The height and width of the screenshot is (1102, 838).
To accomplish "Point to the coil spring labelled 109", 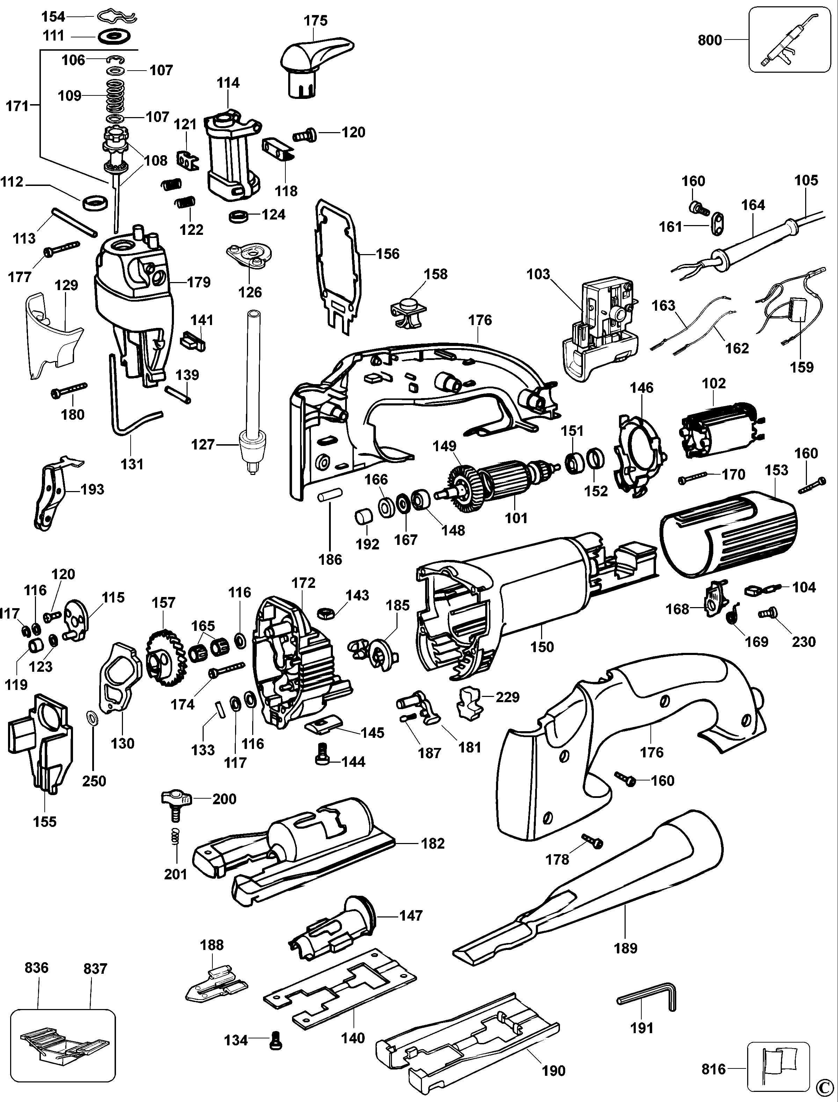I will pos(116,95).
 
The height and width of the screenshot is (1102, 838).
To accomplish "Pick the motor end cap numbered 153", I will pos(727,531).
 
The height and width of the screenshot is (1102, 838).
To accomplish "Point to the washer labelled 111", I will pos(115,36).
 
